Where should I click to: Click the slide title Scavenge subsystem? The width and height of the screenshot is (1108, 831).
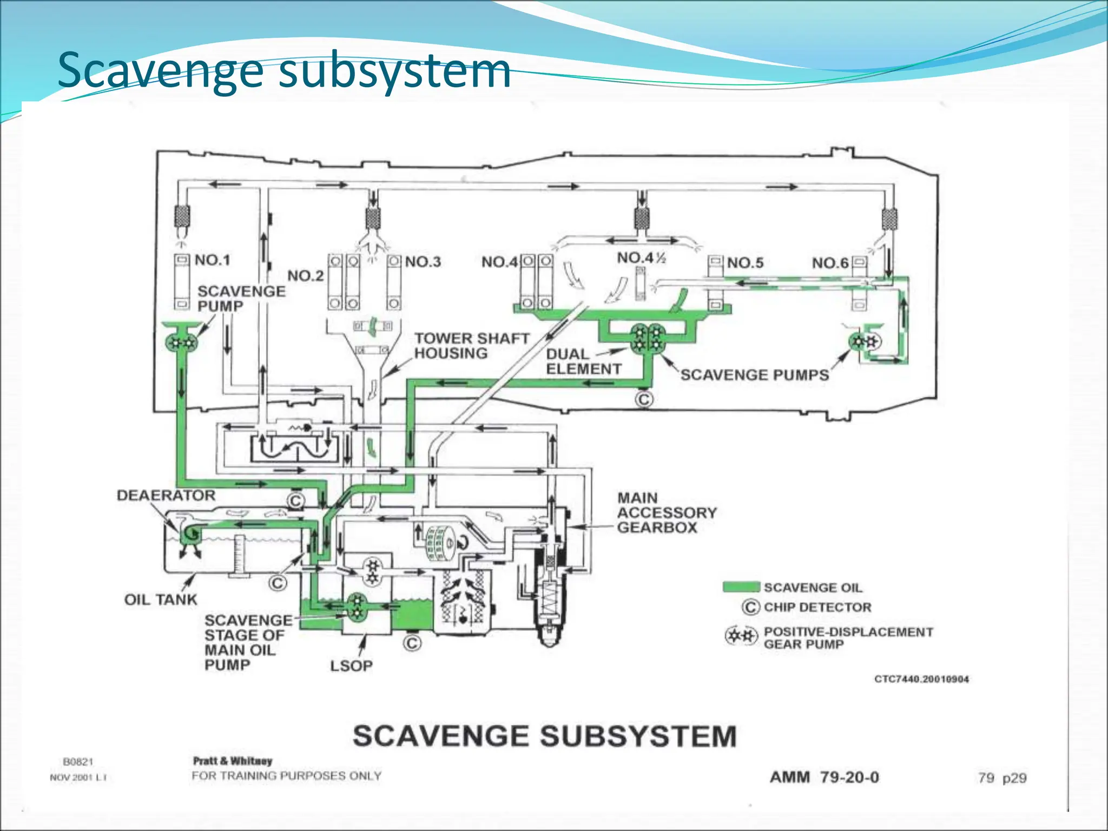283,70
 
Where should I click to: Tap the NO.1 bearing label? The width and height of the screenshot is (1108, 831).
212,260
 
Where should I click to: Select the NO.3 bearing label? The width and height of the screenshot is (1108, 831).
423,262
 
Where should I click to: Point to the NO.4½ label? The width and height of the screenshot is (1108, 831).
641,258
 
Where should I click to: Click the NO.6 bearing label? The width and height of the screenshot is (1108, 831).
830,263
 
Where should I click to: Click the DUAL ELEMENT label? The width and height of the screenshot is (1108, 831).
583,361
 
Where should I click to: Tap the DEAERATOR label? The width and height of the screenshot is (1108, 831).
166,496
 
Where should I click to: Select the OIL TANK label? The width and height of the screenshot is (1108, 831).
161,599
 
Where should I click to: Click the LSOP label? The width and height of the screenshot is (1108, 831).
352,666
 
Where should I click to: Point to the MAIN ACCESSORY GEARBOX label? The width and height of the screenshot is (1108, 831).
667,512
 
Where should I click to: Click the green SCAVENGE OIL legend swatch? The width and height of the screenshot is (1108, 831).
741,587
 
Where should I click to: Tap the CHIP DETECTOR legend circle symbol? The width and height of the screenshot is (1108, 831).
750,607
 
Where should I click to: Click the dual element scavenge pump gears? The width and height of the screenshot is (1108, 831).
648,337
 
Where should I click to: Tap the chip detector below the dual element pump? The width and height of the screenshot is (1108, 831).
644,400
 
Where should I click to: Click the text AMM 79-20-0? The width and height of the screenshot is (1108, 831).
824,777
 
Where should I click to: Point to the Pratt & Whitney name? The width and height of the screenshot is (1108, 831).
233,761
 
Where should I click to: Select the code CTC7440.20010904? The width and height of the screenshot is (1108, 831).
921,679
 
